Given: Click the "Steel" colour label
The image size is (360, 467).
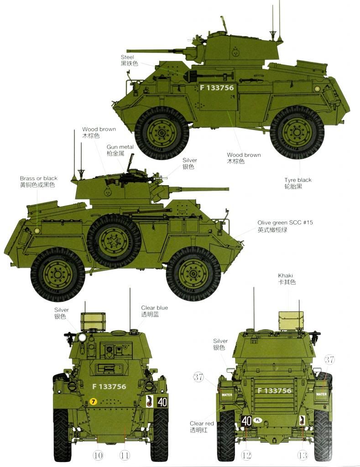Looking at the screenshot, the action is (127, 57).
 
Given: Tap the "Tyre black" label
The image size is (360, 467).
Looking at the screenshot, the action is (297, 180).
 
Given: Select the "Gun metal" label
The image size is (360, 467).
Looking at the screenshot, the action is (120, 147).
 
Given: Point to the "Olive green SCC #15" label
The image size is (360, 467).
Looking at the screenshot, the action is (285, 223).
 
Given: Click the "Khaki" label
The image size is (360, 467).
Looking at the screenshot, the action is (286, 275).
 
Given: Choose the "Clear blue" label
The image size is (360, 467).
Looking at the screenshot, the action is (154, 308).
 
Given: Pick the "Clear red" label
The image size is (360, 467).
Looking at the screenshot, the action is (202, 423).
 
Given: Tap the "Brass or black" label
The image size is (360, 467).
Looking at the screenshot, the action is (38, 178).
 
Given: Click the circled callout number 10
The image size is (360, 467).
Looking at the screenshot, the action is (98, 455).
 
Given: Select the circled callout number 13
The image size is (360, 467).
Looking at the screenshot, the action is (303, 455).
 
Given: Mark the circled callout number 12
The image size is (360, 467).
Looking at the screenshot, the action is (246, 455).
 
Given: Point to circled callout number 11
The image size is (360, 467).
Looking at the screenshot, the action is (125, 455).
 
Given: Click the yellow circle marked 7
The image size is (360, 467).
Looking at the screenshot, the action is (93, 401).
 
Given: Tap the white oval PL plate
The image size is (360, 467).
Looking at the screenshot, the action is (258, 420).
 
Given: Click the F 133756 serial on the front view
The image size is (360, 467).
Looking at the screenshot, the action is (109, 386).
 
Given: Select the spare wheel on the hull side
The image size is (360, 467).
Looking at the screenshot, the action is (114, 240).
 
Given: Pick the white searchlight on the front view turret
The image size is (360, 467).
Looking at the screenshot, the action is (82, 337).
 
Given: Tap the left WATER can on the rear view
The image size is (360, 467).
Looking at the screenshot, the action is (227, 394).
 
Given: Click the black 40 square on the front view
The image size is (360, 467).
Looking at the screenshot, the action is (162, 402).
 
